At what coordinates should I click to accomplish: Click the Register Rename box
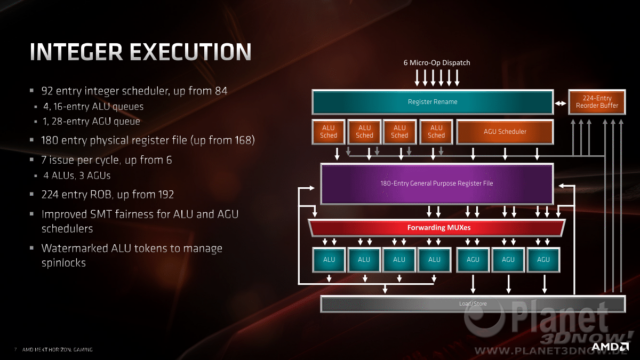433,102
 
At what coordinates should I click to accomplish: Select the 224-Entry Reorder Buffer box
597,102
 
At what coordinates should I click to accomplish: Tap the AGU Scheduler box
505,132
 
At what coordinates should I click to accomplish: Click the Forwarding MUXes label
439,228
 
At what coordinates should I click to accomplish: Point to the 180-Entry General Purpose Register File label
437,183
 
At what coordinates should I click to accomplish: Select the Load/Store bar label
473,303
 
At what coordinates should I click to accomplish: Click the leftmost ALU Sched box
329,132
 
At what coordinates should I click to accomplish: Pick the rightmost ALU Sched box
436,132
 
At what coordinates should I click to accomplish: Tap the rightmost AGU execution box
543,260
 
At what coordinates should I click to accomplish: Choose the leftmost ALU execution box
329,260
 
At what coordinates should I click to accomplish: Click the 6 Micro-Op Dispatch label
437,62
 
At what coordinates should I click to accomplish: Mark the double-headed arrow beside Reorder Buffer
561,103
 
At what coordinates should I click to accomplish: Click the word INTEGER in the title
76,52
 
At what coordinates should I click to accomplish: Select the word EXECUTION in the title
191,52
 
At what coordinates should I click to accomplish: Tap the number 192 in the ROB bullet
166,195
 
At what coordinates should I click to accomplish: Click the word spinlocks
63,263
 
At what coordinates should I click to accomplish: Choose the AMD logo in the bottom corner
610,347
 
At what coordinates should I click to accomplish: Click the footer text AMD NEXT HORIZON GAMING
58,349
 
